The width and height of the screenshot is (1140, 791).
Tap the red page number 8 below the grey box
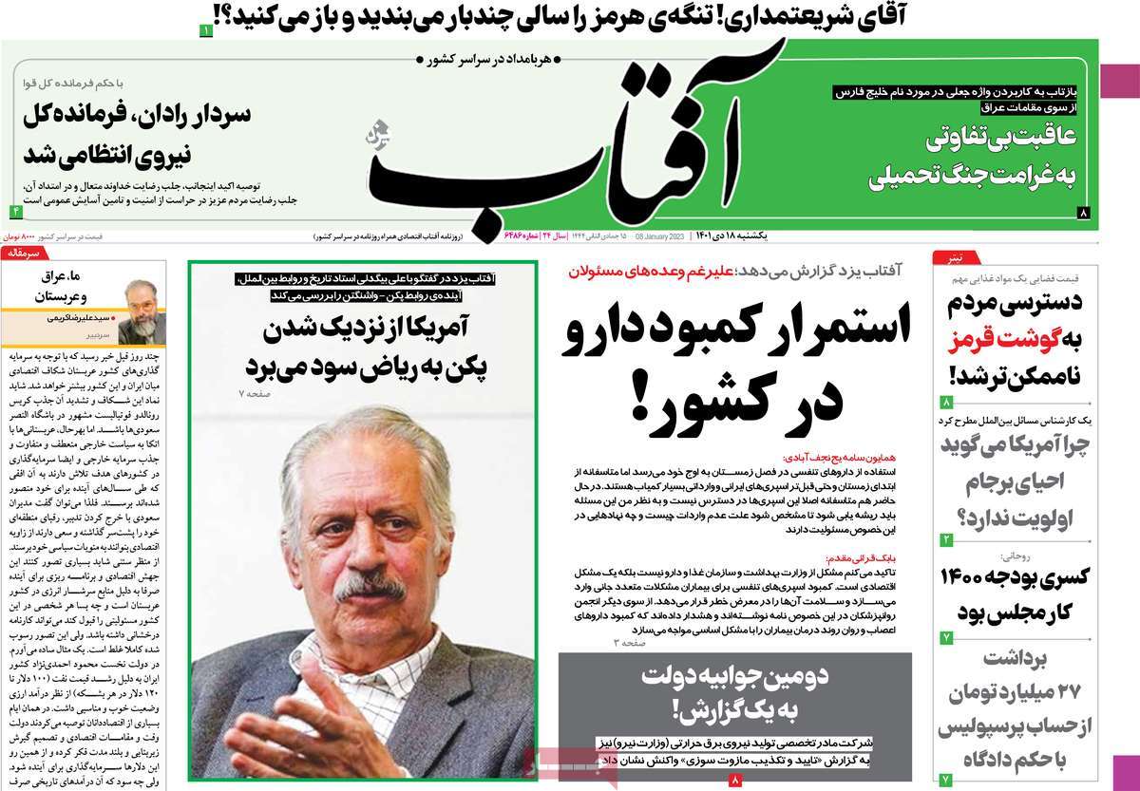click(x=734, y=780)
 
